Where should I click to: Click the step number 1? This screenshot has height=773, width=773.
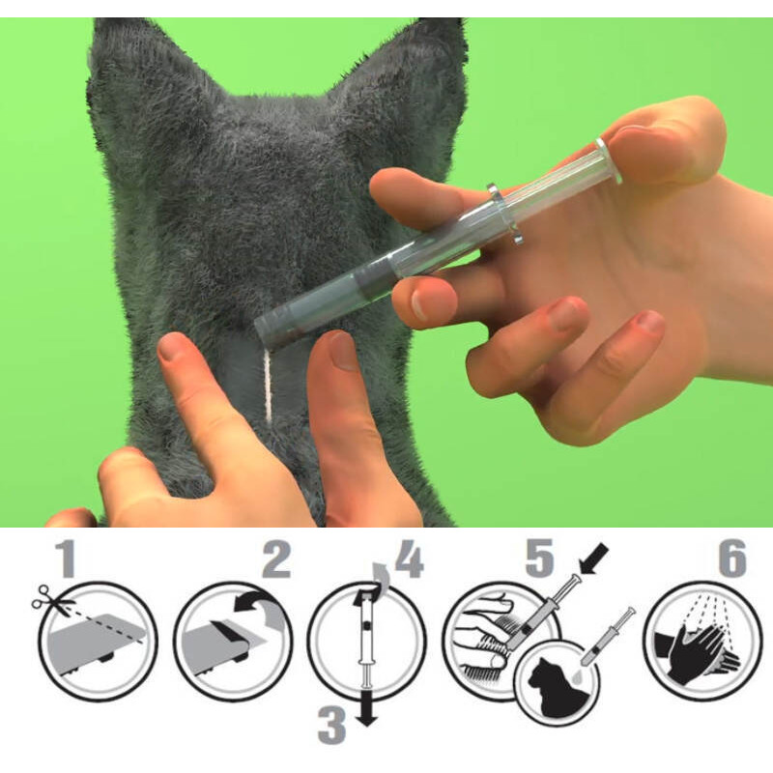66,558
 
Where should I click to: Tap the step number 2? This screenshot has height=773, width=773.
276,558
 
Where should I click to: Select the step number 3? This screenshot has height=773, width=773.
331,726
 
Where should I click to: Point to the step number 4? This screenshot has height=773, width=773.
410,558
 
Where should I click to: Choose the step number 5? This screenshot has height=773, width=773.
540,558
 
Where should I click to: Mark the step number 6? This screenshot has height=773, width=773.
732,558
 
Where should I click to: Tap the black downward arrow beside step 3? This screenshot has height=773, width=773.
366,708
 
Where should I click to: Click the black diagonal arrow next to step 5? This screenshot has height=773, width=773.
595,559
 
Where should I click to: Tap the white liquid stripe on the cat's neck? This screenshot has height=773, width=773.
269,386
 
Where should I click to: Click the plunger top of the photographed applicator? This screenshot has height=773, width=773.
610,160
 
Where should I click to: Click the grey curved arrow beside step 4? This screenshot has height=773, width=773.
381,573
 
